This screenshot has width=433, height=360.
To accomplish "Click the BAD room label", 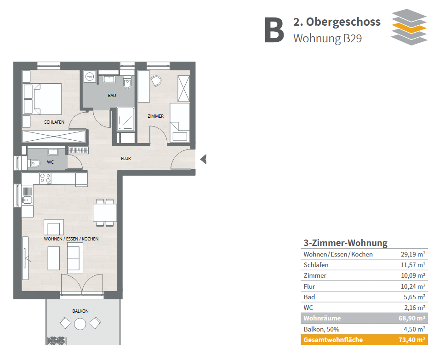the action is pyautogui.click(x=112, y=95).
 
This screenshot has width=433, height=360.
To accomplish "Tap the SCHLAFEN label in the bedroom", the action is pyautogui.click(x=54, y=122).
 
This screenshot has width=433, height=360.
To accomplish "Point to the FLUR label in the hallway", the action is pyautogui.click(x=125, y=158).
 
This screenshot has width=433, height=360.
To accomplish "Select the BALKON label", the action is pyautogui.click(x=80, y=311).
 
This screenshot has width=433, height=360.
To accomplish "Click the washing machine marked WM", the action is pyautogui.click(x=90, y=76).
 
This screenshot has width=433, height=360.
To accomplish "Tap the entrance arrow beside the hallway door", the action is pyautogui.click(x=203, y=159).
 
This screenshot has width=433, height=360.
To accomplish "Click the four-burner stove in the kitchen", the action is pyautogui.click(x=46, y=178).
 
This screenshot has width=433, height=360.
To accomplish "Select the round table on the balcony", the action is pyautogui.click(x=80, y=324).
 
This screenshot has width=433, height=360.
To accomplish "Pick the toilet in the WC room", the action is pyautogui.click(x=34, y=163).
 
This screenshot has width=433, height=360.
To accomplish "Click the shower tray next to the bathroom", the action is pyautogui.click(x=126, y=119).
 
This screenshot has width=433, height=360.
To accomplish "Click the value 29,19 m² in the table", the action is pyautogui.click(x=413, y=254).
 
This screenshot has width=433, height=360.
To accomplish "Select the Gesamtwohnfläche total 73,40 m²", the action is pyautogui.click(x=412, y=340).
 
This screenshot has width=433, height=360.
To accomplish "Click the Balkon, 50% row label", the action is pyautogui.click(x=321, y=329).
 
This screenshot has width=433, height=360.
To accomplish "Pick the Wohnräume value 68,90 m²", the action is pyautogui.click(x=412, y=318).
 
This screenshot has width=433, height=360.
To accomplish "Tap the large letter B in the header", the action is pyautogui.click(x=274, y=30).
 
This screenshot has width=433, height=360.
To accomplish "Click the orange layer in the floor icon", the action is pyautogui.click(x=409, y=27).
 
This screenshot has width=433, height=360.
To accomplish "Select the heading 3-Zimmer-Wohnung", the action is pyautogui.click(x=346, y=243).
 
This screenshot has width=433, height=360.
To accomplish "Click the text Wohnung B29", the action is pyautogui.click(x=328, y=39).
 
